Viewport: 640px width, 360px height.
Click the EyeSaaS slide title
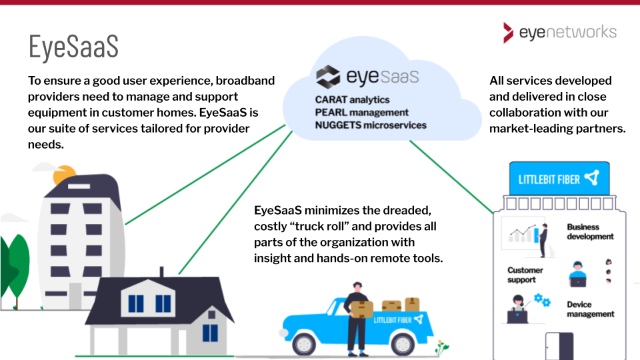[x=73, y=47]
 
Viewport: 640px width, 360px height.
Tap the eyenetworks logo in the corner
[x=560, y=32]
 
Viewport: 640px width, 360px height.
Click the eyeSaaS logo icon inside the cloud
[x=328, y=77]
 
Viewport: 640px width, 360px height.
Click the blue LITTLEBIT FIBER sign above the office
[x=559, y=179]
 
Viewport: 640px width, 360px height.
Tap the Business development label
[x=590, y=232]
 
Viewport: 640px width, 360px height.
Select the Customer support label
[x=525, y=275]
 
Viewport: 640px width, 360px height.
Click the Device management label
[x=590, y=309]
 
